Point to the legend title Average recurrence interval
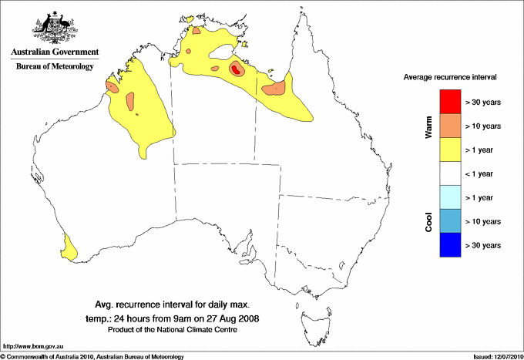450,78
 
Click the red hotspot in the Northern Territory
236,69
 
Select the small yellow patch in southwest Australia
70,247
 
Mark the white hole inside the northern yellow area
227,53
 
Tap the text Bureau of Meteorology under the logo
55,66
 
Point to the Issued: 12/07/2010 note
496,356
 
